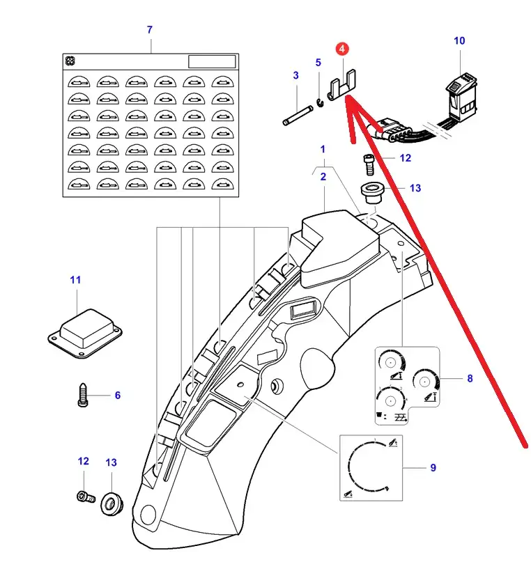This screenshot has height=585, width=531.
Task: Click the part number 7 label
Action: pyautogui.click(x=149, y=30)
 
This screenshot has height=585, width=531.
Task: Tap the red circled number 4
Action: pyautogui.click(x=342, y=49)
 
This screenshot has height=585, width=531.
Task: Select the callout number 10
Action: pyautogui.click(x=459, y=41)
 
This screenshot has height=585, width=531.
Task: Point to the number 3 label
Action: pyautogui.click(x=295, y=75)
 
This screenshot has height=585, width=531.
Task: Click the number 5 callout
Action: pyautogui.click(x=318, y=63)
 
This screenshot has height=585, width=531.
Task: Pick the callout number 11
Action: pyautogui.click(x=75, y=280)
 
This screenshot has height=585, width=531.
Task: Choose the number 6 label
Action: pyautogui.click(x=117, y=396)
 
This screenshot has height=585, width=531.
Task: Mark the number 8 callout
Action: pyautogui.click(x=470, y=379)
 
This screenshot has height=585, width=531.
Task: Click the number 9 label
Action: pyautogui.click(x=433, y=468)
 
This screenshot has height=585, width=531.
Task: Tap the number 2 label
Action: pyautogui.click(x=323, y=177)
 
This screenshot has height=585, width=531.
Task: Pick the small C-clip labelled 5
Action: pyautogui.click(x=319, y=102)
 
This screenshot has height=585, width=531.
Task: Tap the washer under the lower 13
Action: pyautogui.click(x=111, y=503)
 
